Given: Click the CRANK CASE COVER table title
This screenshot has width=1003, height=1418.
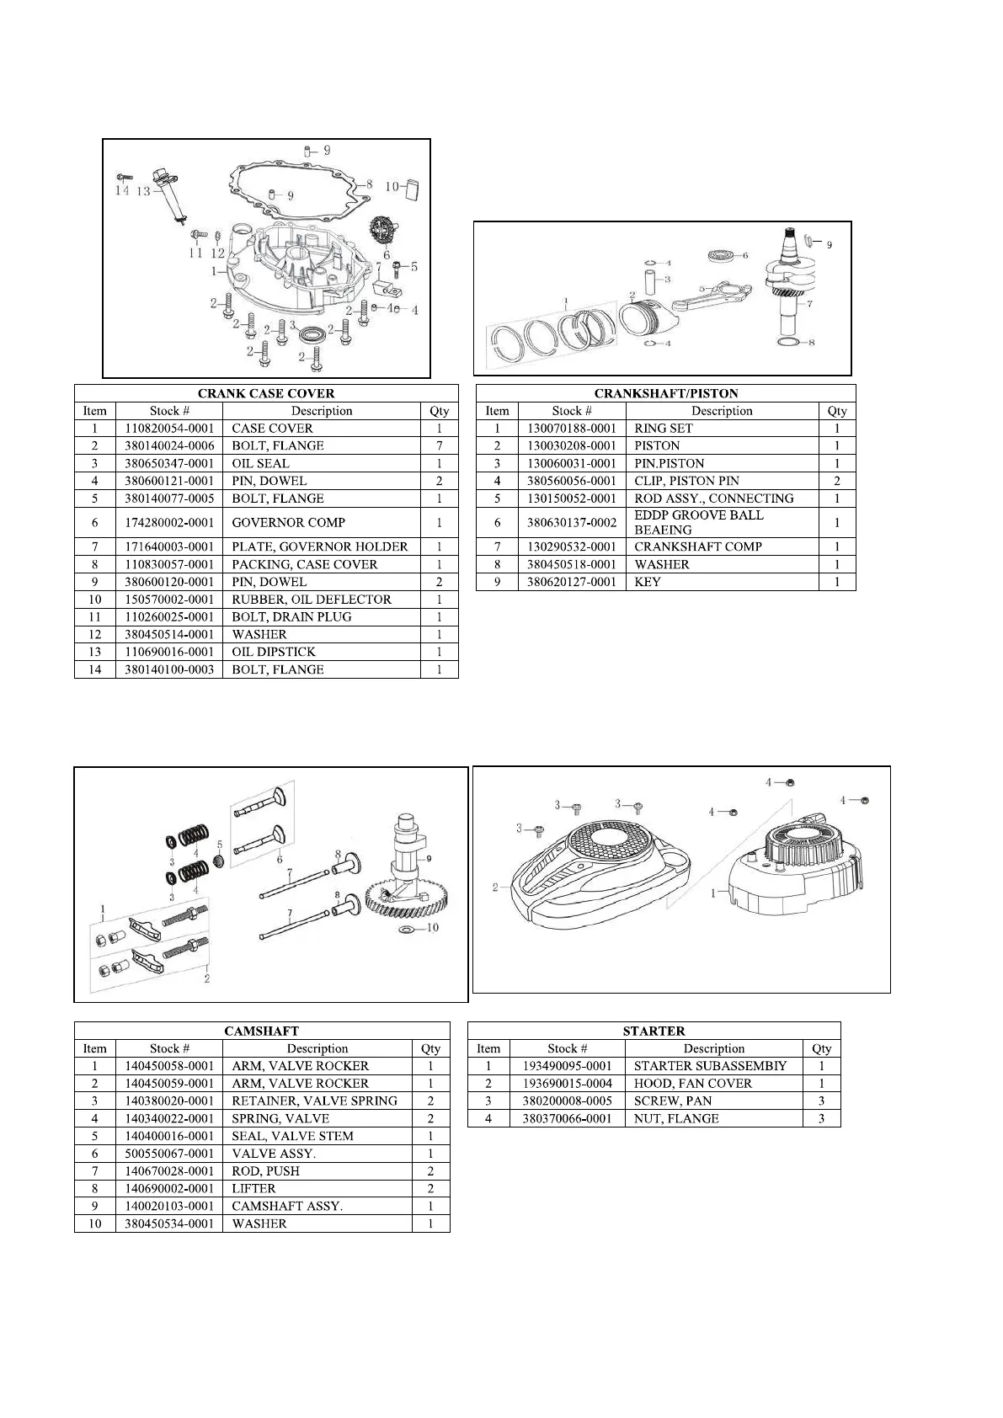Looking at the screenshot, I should coord(266,393).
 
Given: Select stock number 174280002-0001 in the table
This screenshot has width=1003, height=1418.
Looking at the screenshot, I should coord(169,522).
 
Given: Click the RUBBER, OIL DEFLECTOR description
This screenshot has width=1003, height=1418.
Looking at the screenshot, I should coord(312,600).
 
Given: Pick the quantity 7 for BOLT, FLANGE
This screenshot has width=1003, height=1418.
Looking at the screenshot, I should coord(439,445).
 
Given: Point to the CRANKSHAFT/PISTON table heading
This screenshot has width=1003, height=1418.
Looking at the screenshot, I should coord(665,393).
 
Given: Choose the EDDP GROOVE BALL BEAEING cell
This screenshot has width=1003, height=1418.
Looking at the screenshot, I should coord(698,522).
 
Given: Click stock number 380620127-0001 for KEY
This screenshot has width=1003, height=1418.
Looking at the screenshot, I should coord(572,582).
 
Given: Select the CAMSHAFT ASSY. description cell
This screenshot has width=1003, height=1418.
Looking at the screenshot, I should coord(287,1206).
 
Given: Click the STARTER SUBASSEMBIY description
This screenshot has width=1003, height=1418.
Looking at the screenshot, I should coord(710,1066).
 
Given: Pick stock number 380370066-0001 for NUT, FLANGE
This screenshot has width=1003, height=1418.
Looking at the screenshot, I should coord(567,1119).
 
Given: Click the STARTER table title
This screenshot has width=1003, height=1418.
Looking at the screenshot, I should coord(654,1031).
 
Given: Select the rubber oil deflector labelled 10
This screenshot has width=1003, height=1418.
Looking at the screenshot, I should coord(412,189).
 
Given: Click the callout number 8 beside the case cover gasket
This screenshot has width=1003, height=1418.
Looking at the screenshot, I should coord(368,183).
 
